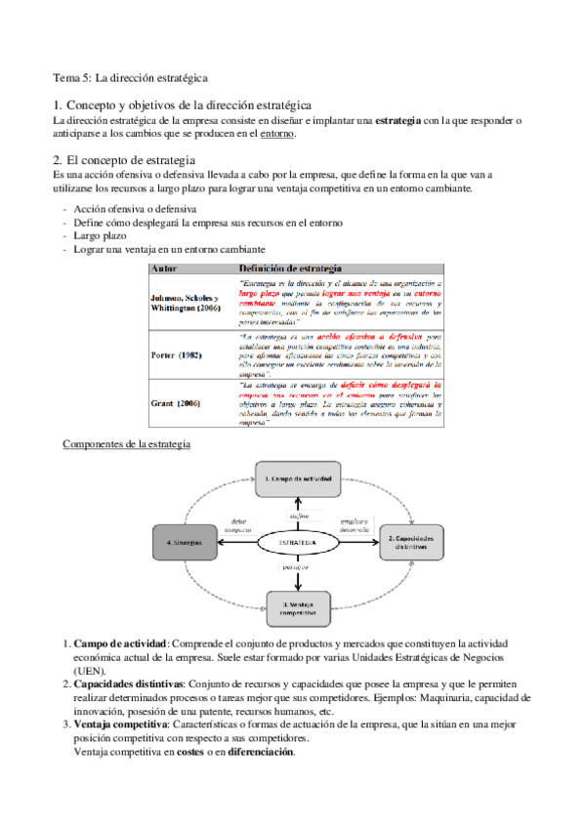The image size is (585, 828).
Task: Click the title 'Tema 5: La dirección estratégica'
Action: (x=130, y=76)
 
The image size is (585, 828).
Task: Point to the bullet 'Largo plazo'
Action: (x=101, y=236)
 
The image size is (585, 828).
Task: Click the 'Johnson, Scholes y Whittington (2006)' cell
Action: (x=186, y=302)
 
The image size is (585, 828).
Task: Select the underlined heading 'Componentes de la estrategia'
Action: (x=126, y=443)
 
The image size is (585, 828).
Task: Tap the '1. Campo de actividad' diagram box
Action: (x=300, y=479)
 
